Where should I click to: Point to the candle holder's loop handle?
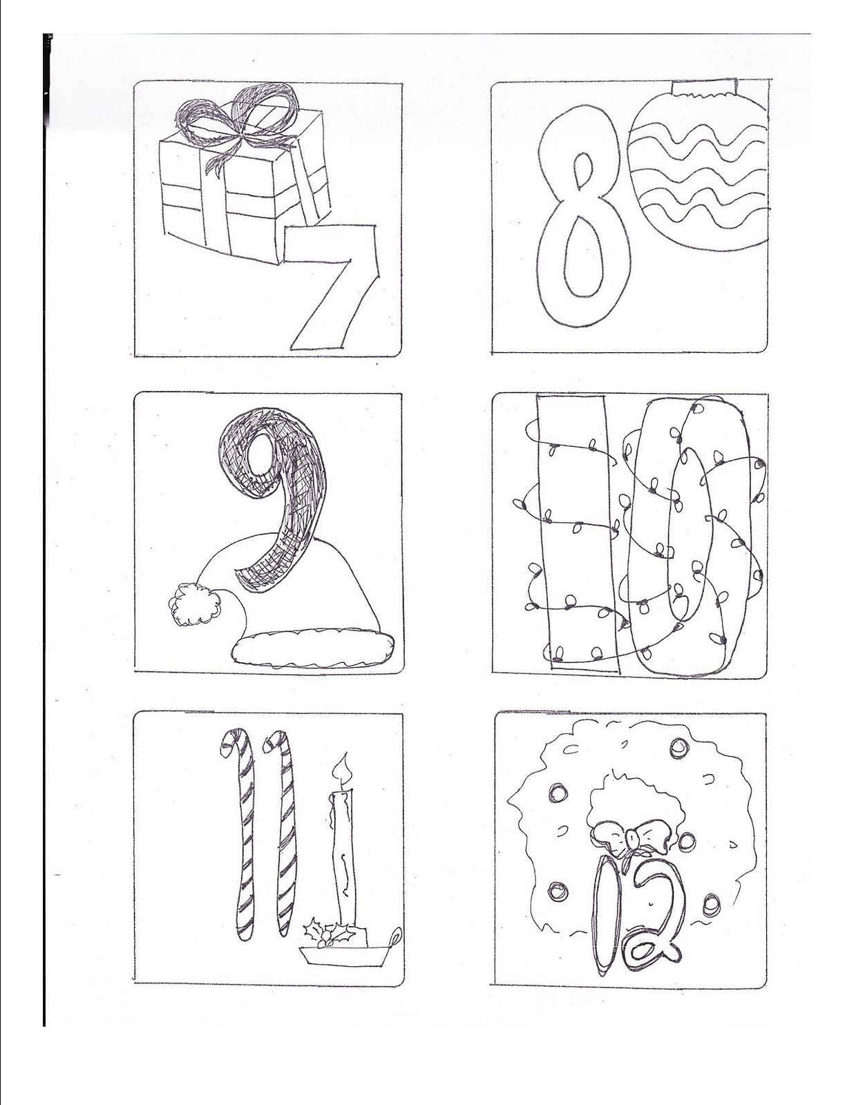pyautogui.click(x=395, y=939)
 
